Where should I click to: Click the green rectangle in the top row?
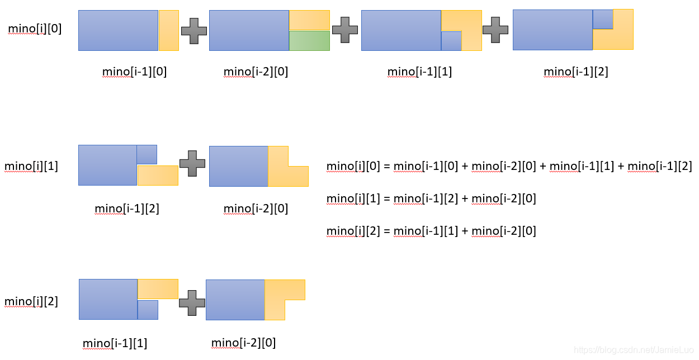click(x=309, y=41)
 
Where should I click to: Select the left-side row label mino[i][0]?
click(x=35, y=29)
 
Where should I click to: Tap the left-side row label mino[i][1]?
click(x=31, y=166)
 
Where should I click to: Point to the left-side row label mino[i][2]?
click(x=31, y=301)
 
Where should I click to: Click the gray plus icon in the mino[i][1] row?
click(x=192, y=163)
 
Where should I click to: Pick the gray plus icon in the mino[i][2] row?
click(x=192, y=303)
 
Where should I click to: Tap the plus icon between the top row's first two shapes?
click(x=194, y=31)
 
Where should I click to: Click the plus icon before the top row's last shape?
click(x=495, y=30)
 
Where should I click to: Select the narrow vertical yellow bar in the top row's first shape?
click(x=169, y=30)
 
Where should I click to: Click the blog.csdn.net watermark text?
click(x=634, y=350)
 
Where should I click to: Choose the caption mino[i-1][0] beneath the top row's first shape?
click(x=135, y=72)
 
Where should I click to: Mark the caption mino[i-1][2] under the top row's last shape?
click(x=576, y=72)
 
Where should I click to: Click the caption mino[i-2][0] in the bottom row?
click(x=243, y=343)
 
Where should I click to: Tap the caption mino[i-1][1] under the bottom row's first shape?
click(x=115, y=343)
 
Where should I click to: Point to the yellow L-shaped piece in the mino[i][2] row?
click(x=275, y=290)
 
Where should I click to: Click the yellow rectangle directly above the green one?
click(x=309, y=20)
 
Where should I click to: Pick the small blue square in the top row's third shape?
click(x=451, y=41)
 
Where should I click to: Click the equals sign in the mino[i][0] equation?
click(x=386, y=166)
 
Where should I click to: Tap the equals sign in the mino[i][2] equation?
click(x=386, y=231)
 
